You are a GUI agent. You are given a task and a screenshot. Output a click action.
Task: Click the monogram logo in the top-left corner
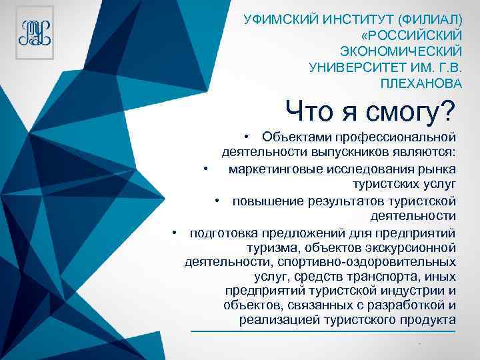tap(35, 31)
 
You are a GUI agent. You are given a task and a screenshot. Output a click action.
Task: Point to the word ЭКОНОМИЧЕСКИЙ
tap(401, 51)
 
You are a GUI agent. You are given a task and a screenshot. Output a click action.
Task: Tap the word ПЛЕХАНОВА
tap(421, 83)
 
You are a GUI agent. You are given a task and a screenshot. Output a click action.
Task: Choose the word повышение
tap(263, 201)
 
